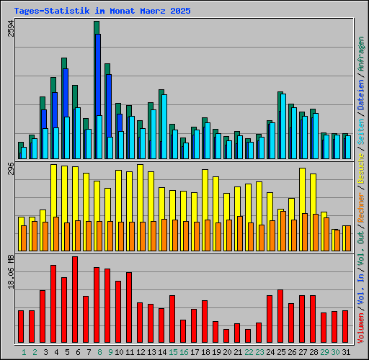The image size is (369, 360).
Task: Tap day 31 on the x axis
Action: click(x=346, y=352)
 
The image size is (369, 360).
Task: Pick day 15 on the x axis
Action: click(x=173, y=352)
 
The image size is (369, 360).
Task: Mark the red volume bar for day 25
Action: click(x=280, y=316)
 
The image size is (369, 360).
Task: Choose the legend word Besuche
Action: click(x=360, y=165)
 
